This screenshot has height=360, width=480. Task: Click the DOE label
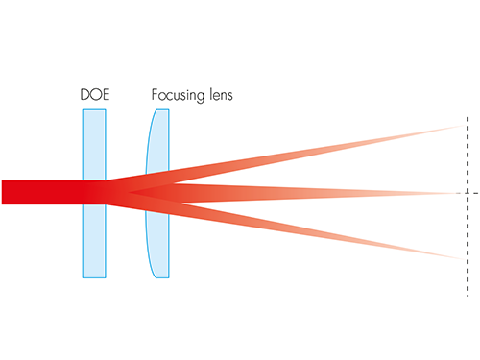pyautogui.click(x=95, y=95)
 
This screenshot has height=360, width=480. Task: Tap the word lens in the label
pyautogui.click(x=221, y=95)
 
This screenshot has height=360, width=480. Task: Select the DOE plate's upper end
pyautogui.click(x=94, y=109)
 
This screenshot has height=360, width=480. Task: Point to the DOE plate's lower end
pyautogui.click(x=94, y=277)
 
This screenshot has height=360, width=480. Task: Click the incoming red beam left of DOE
pyautogui.click(x=41, y=192)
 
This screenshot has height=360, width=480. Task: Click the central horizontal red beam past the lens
pyautogui.click(x=304, y=193)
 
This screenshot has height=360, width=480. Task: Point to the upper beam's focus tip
pyautogui.click(x=465, y=126)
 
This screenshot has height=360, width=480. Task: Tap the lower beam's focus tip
pyautogui.click(x=464, y=258)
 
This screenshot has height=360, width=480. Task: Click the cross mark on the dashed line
pyautogui.click(x=468, y=193)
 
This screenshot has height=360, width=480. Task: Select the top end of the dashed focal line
pyautogui.click(x=468, y=118)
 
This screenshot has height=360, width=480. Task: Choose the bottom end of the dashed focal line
pyautogui.click(x=468, y=295)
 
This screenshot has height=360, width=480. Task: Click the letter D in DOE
pyautogui.click(x=84, y=95)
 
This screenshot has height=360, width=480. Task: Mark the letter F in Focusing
pyautogui.click(x=155, y=94)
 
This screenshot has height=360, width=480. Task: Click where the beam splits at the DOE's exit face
pyautogui.click(x=107, y=192)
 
